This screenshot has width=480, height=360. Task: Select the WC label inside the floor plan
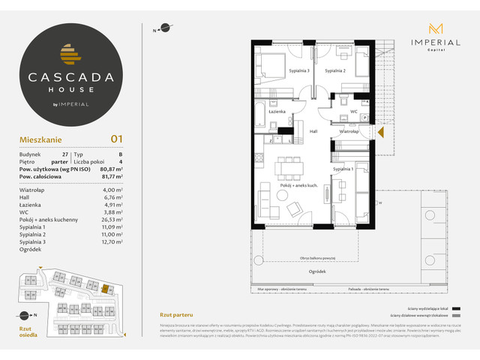pyautogui.click(x=352, y=112)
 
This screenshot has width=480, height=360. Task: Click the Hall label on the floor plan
pyautogui.click(x=314, y=131)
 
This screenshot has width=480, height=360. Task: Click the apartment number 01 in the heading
pyautogui.click(x=116, y=138)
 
